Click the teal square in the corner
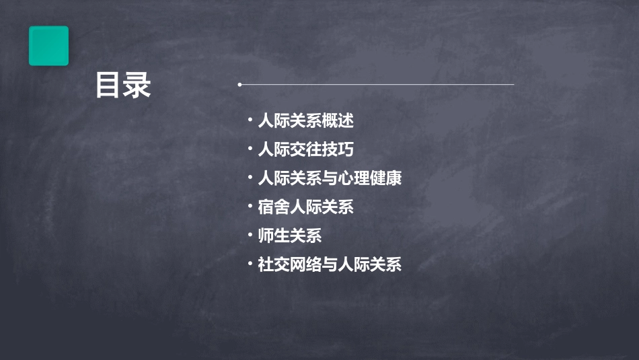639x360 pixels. (48, 46)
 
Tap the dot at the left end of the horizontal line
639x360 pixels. (239, 85)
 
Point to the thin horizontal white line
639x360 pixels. (377, 85)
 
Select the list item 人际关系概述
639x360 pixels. (305, 121)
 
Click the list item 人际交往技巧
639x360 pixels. (305, 149)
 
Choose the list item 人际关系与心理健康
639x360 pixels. (330, 178)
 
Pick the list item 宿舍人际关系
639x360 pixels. (305, 207)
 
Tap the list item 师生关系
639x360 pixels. (290, 236)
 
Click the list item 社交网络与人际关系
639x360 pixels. (330, 264)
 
